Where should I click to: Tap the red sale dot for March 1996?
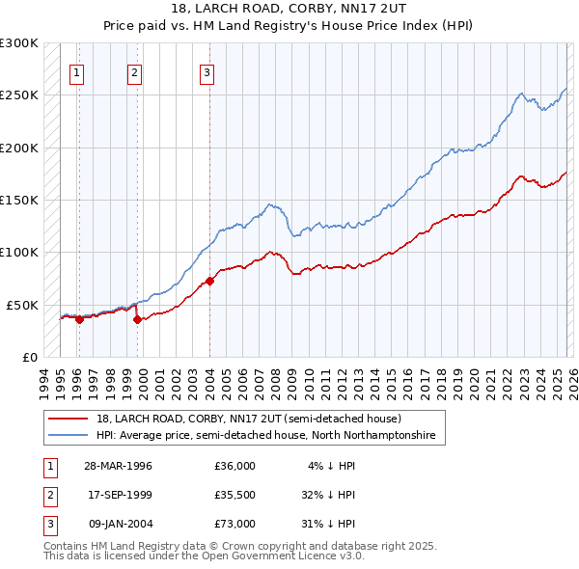[79, 321]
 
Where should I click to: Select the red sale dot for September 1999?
[137, 319]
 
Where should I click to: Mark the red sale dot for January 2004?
[209, 282]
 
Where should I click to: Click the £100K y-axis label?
[19, 252]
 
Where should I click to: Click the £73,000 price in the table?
[234, 523]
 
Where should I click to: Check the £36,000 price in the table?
[234, 466]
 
